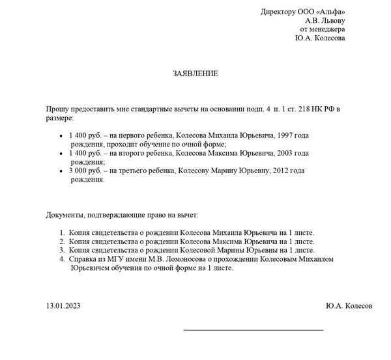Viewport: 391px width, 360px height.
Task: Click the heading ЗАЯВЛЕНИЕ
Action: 195,74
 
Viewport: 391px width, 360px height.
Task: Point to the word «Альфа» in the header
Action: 330,11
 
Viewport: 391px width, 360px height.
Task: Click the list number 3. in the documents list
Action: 61,250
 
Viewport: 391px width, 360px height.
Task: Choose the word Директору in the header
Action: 278,11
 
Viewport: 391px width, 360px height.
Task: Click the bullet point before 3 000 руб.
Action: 61,171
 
